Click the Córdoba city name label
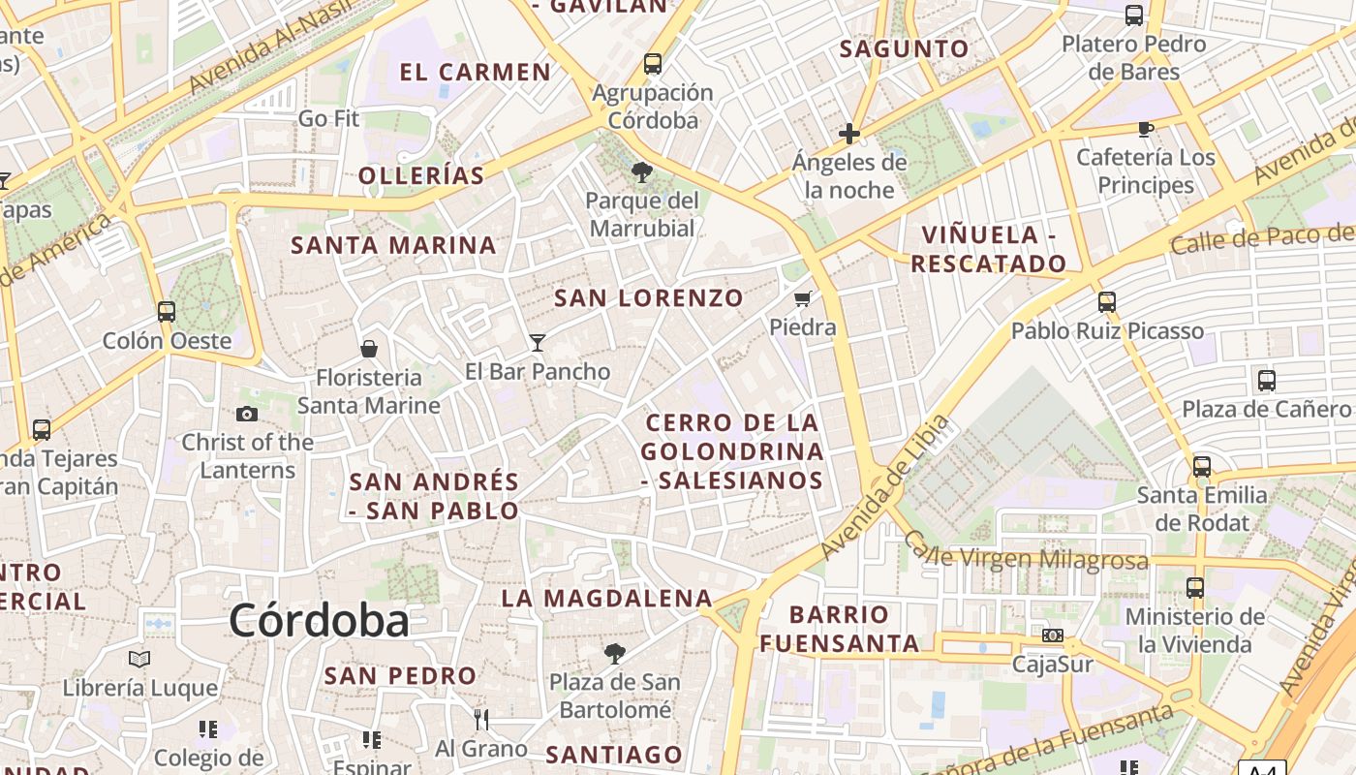click(319, 620)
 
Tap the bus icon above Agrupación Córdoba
click(653, 64)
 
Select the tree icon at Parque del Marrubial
click(641, 172)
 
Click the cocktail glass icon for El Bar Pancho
click(538, 342)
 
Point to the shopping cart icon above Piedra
click(802, 298)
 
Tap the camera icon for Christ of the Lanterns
click(247, 414)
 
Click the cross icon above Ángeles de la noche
click(849, 134)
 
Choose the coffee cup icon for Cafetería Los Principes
click(1146, 128)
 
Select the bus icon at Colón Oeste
click(167, 311)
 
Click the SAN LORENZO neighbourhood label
click(649, 297)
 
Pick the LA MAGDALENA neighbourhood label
click(607, 599)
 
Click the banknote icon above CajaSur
click(1052, 635)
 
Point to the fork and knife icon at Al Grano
click(480, 719)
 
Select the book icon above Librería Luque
click(139, 659)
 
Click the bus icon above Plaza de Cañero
click(1266, 380)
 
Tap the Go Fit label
click(328, 119)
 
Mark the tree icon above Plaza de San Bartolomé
click(615, 653)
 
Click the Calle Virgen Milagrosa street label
click(1027, 556)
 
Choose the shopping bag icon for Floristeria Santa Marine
click(368, 349)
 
